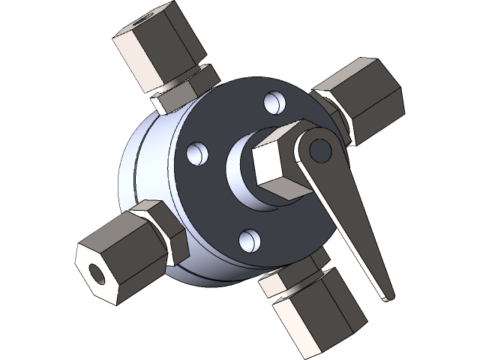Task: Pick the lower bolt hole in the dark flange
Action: point(250,239)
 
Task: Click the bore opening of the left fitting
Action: point(95,272)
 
